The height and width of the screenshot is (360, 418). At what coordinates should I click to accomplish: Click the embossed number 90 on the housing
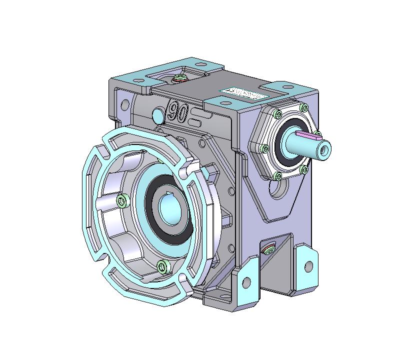point(177,111)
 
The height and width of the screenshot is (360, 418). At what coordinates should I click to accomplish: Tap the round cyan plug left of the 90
point(157,115)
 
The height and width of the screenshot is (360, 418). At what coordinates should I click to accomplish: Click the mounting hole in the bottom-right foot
point(308,266)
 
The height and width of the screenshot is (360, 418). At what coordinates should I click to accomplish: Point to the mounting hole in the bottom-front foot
point(245,281)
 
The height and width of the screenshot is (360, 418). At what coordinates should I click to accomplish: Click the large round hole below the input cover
point(278,189)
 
